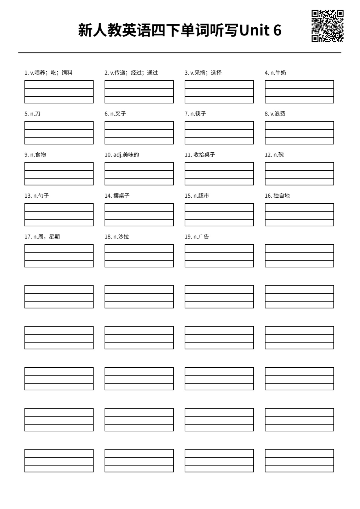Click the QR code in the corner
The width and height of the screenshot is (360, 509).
(327, 26)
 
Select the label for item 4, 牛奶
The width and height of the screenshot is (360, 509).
(275, 73)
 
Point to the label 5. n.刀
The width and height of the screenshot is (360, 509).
(32, 114)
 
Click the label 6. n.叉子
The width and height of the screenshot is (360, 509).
(115, 114)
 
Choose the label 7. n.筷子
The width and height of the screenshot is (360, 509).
(195, 114)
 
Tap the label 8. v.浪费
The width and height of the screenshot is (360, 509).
(275, 114)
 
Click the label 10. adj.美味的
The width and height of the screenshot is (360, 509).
(122, 155)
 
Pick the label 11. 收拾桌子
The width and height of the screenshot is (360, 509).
(200, 155)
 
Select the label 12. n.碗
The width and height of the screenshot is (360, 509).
(274, 155)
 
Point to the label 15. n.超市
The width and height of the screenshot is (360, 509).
(197, 196)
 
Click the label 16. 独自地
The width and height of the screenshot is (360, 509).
(277, 196)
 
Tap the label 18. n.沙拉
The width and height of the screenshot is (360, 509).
(117, 237)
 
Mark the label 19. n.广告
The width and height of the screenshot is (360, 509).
(197, 237)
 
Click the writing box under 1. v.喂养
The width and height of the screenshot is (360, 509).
(59, 92)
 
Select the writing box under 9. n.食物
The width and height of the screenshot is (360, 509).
(59, 174)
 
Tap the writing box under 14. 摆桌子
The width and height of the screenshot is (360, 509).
(139, 214)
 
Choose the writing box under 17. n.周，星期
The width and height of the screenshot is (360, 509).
(59, 255)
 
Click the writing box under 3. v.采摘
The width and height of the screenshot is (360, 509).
(219, 92)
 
